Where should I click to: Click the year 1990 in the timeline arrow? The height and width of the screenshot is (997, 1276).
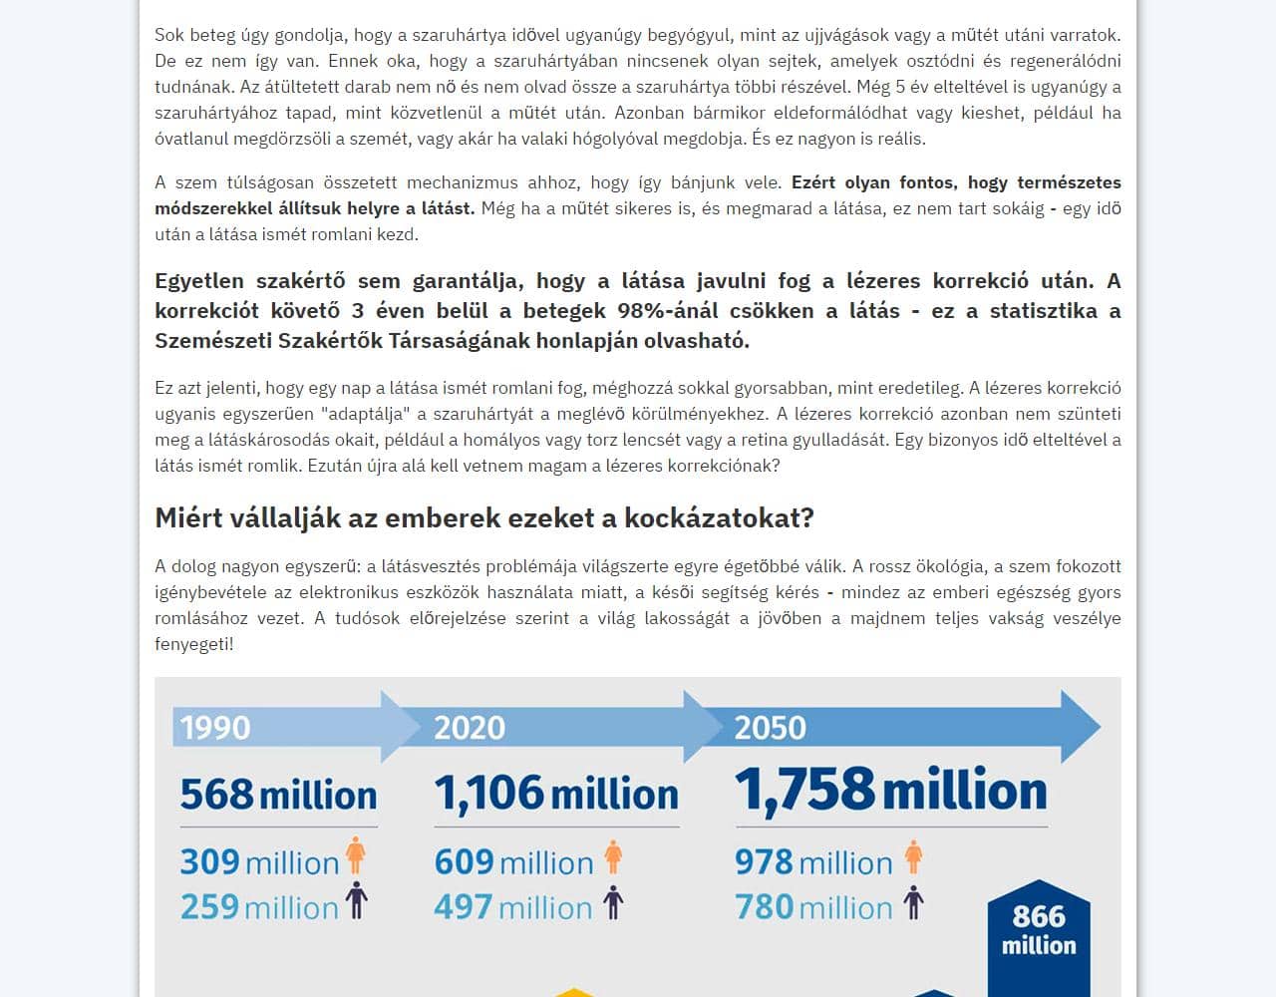point(215,727)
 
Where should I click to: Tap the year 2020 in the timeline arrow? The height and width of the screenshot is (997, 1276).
point(470,727)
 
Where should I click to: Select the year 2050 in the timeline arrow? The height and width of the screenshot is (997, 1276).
point(771,727)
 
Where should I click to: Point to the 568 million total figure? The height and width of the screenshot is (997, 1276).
point(278,795)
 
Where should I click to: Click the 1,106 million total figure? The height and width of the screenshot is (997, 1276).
point(556,794)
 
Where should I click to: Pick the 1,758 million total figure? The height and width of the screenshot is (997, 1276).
point(891,790)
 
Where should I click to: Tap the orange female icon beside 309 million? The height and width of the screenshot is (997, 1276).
point(356,856)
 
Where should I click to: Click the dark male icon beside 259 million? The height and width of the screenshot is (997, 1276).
point(356,901)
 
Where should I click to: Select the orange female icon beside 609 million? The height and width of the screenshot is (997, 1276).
point(613,856)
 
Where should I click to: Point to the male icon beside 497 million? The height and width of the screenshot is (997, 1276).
point(613,901)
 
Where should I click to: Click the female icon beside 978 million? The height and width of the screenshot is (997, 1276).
point(913,856)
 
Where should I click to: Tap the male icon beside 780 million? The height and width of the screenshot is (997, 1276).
point(913,902)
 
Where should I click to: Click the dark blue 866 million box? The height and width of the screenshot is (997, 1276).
point(1039,931)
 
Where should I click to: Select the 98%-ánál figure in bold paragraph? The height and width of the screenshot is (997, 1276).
point(668,310)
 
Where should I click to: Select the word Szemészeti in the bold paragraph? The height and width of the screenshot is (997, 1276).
point(211,340)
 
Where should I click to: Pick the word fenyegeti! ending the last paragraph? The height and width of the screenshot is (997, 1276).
point(194,644)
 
